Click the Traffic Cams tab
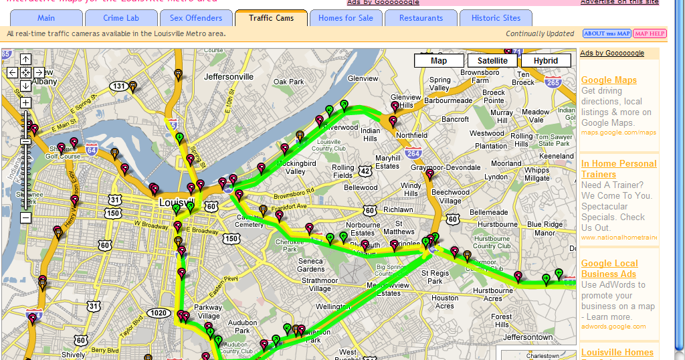tap(271, 18)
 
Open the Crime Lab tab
tap(121, 18)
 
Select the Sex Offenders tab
tap(196, 18)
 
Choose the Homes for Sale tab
tap(346, 18)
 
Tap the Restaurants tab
tap(421, 18)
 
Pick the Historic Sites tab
tap(496, 18)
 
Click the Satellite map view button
tap(492, 61)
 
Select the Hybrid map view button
tap(546, 61)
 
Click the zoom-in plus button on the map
tap(25, 102)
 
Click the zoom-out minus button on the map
tap(25, 217)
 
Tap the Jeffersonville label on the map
tap(229, 77)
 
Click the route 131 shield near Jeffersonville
tap(119, 86)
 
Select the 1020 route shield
tap(159, 312)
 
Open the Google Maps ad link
tap(609, 80)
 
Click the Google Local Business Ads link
tap(609, 268)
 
